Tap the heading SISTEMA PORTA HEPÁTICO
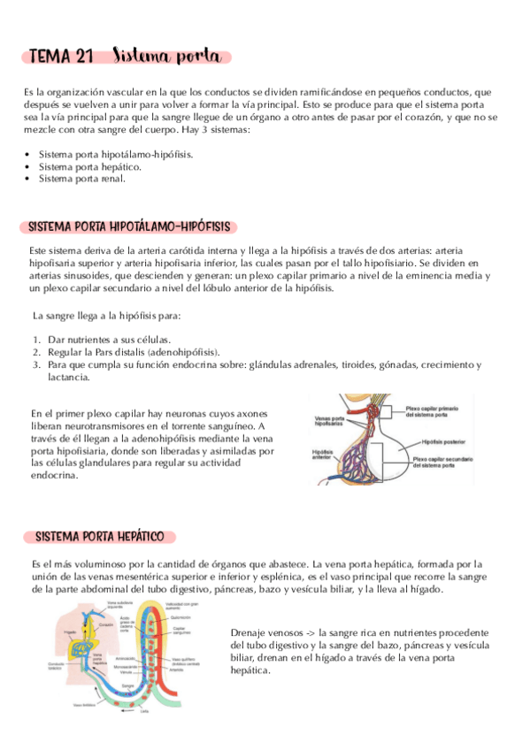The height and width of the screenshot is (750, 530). tap(104, 537)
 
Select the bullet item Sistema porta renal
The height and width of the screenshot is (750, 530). tap(81, 178)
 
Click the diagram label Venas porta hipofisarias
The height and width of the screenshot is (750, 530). tap(326, 422)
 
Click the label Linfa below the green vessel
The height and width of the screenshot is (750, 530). tap(143, 711)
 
